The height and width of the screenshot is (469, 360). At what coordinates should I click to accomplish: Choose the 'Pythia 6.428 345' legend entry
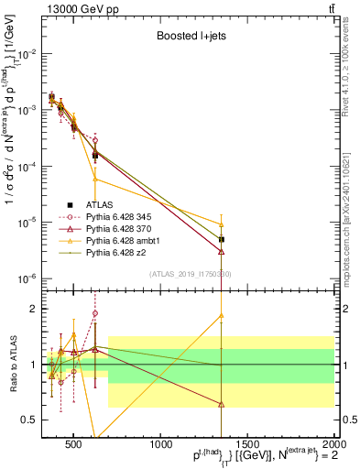click(124, 217)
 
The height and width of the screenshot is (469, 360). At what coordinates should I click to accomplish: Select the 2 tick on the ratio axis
click(32, 309)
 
